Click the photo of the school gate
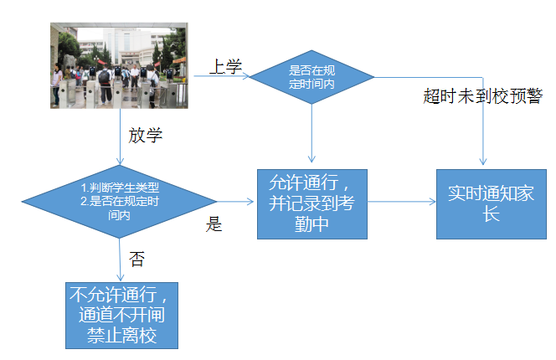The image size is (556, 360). pos(120,66)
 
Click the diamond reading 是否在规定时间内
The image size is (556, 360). pos(311,77)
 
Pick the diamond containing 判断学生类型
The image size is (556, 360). pos(119,201)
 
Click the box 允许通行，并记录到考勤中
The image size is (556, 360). pos(311,203)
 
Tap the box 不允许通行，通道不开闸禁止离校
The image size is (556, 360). pos(122,315)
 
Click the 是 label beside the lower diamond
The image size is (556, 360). pos(214,224)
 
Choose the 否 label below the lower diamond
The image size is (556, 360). pos(136,259)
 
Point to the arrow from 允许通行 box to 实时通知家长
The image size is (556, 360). pos(402,202)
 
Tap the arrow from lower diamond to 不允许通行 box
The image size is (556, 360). pos(119,260)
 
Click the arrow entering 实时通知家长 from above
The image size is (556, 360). pos(484,126)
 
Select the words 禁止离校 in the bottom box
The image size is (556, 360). pos(122,336)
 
